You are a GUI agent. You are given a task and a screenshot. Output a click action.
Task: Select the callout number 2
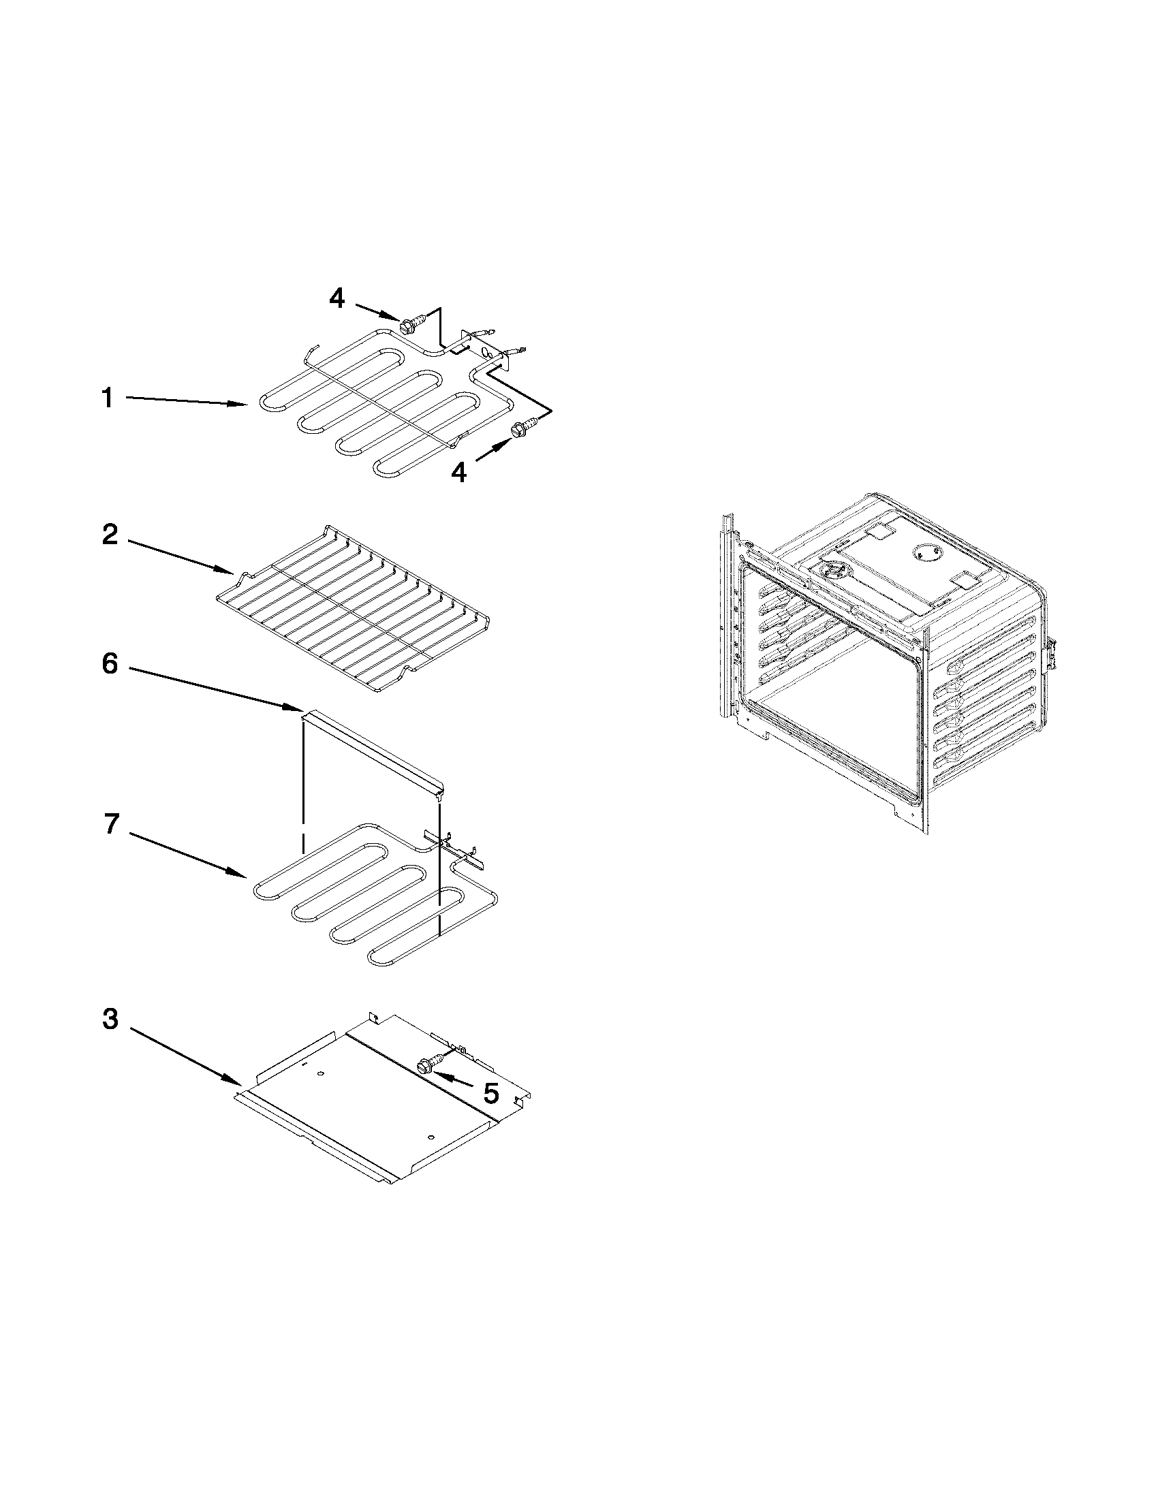click(110, 534)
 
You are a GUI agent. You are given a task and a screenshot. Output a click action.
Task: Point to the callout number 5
click(490, 1093)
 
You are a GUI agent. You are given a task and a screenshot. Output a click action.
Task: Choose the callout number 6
click(110, 664)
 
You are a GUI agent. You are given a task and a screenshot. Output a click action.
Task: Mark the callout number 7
click(112, 823)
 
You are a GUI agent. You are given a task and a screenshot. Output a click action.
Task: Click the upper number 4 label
click(337, 298)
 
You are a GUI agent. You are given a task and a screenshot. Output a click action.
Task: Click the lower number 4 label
click(458, 471)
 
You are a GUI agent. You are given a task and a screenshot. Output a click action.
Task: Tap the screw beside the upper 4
click(410, 321)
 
